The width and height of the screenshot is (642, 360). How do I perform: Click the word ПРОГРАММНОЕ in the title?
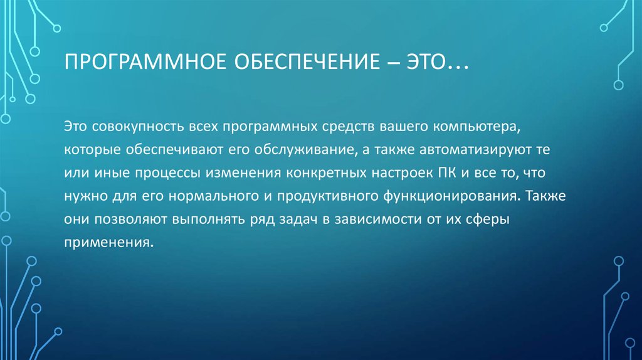click(145, 61)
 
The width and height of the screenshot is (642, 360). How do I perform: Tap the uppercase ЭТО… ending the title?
click(437, 61)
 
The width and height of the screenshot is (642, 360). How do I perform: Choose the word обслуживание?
click(304, 150)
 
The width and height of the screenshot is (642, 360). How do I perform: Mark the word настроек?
click(402, 174)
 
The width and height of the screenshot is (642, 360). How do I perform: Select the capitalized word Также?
click(545, 195)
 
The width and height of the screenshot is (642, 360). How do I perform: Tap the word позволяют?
click(131, 220)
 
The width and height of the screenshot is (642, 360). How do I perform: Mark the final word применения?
click(108, 243)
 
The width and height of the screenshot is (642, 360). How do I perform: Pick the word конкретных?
click(326, 173)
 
